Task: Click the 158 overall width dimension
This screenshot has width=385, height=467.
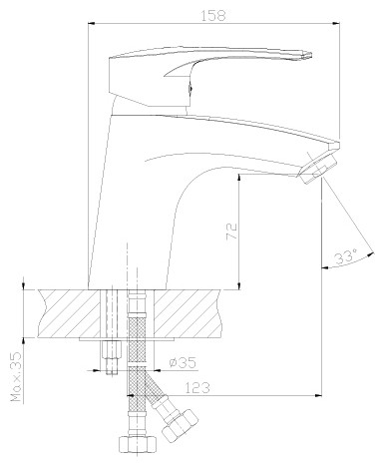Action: click(212, 16)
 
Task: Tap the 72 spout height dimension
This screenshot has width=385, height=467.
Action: click(231, 231)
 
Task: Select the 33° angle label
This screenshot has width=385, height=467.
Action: click(345, 256)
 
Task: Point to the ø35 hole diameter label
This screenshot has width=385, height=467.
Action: click(183, 362)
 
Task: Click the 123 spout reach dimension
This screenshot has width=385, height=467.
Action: click(197, 388)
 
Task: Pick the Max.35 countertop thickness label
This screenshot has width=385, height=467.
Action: click(16, 376)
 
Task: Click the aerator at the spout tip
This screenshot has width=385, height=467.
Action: click(318, 168)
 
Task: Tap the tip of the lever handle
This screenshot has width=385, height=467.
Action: click(311, 55)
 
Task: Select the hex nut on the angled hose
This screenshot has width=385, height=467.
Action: click(180, 426)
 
